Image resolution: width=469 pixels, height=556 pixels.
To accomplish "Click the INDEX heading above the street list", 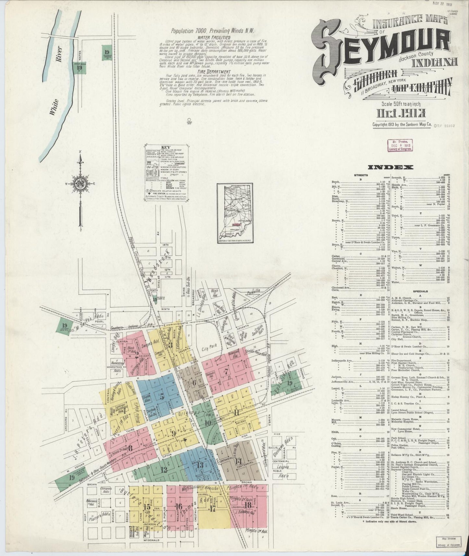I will [390, 167].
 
